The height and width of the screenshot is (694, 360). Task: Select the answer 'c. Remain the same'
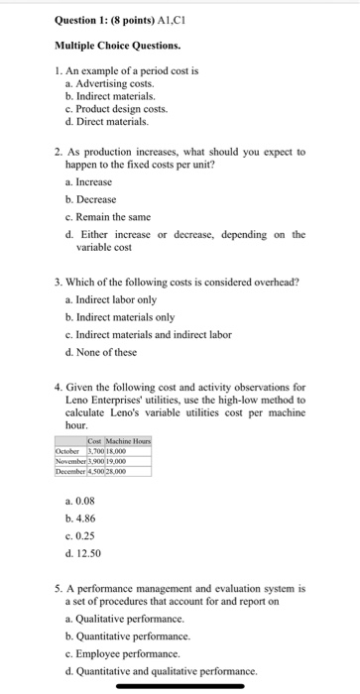(106, 217)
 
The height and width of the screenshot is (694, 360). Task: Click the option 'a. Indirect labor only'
(113, 299)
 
